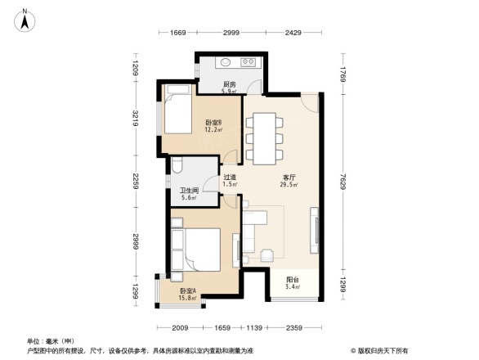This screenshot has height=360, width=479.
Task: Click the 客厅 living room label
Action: pyautogui.click(x=289, y=178)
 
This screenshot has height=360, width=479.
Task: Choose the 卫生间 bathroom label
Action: pyautogui.click(x=190, y=192)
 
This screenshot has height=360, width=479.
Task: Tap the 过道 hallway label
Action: pyautogui.click(x=230, y=179)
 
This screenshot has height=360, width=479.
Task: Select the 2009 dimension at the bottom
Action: pyautogui.click(x=180, y=330)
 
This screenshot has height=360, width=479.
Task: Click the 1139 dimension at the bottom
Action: pyautogui.click(x=257, y=330)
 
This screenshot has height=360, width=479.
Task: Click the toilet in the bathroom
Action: pyautogui.click(x=177, y=169)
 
